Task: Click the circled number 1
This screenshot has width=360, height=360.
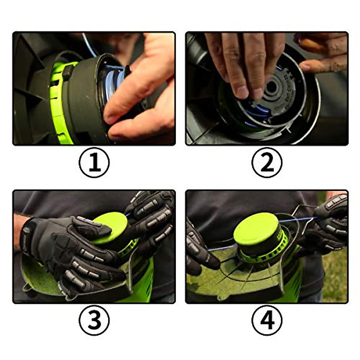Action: point(94,163)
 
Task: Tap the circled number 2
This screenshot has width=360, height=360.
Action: point(267,163)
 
